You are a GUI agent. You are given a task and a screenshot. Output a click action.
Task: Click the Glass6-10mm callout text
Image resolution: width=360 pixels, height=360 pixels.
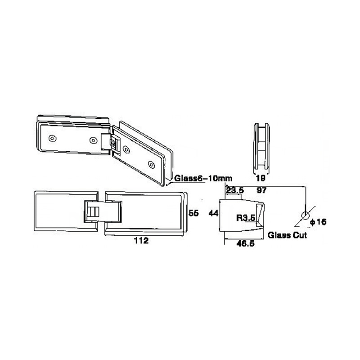pos(203,178)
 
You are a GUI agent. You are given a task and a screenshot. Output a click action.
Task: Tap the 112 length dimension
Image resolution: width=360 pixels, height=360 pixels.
pos(141,241)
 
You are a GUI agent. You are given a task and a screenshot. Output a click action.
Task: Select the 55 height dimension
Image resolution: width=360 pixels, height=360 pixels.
pos(193,213)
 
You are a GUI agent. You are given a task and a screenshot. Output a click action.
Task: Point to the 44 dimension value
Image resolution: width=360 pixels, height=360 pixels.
pos(213,213)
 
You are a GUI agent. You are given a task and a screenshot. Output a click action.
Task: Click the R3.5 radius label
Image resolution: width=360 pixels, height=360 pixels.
pos(246,218)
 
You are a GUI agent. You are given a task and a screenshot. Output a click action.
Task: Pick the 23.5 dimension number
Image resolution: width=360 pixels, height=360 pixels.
pos(235,190)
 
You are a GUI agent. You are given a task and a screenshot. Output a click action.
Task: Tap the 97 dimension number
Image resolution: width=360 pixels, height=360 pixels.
pos(261,190)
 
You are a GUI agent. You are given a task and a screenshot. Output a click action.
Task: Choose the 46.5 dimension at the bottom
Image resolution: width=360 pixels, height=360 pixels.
pos(245,243)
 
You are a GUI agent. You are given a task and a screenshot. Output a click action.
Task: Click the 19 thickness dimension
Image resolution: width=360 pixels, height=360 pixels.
pos(261,178)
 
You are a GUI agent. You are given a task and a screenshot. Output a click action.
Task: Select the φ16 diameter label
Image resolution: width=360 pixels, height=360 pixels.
pos(318,222)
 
